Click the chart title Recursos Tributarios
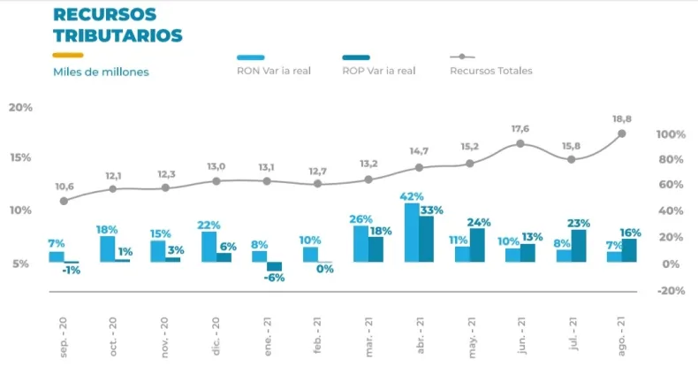coord(118,26)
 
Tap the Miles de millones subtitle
coord(101,72)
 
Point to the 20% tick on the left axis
coord(20,107)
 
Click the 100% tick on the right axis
coord(671,134)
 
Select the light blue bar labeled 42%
coord(412,233)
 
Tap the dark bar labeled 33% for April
coord(427,239)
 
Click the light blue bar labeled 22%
coord(209,247)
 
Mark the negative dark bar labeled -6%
coord(275,266)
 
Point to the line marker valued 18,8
coord(622,134)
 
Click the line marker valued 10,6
coord(64,201)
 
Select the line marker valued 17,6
coord(520,143)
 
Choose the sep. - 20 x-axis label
coord(64,333)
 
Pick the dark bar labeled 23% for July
coord(579,246)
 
